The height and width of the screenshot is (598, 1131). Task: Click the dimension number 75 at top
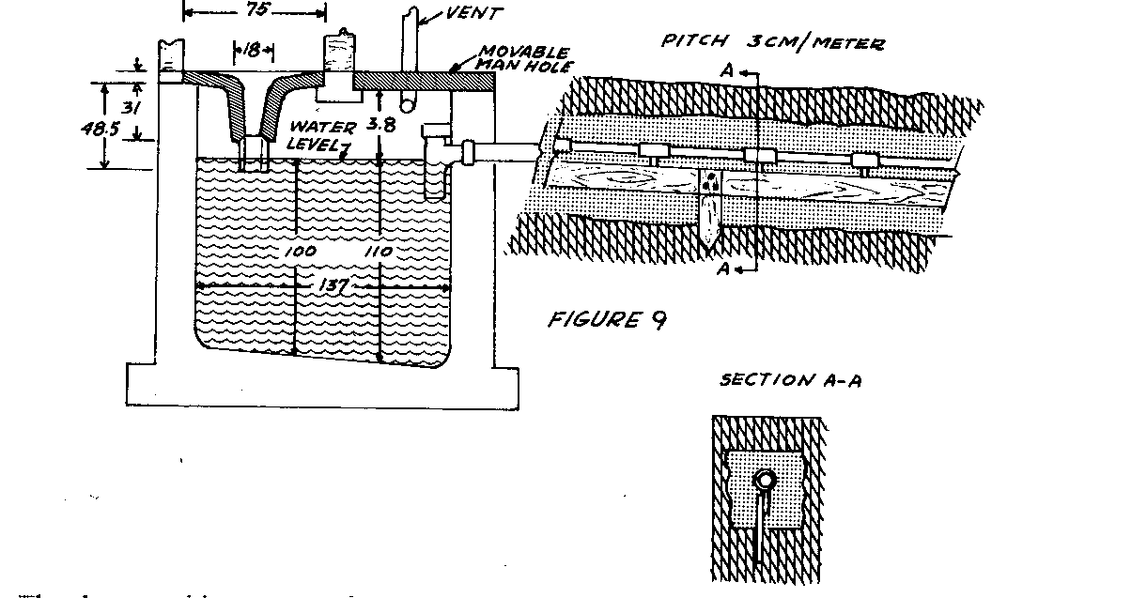(x=253, y=12)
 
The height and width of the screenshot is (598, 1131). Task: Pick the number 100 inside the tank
(x=301, y=253)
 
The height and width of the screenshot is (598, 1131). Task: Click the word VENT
(x=475, y=15)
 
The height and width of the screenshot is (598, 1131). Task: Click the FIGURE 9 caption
(x=607, y=319)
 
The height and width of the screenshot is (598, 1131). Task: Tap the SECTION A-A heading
(x=792, y=379)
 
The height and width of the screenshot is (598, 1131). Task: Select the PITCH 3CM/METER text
(x=773, y=43)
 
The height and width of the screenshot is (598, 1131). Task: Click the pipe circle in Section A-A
(x=767, y=479)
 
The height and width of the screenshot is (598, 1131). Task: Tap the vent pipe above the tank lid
(x=411, y=38)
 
